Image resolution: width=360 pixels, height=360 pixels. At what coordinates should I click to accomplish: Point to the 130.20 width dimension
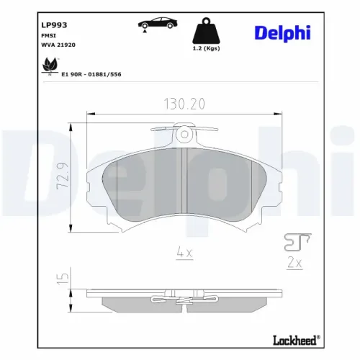183,104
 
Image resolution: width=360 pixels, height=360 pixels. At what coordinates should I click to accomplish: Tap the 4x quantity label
184,252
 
